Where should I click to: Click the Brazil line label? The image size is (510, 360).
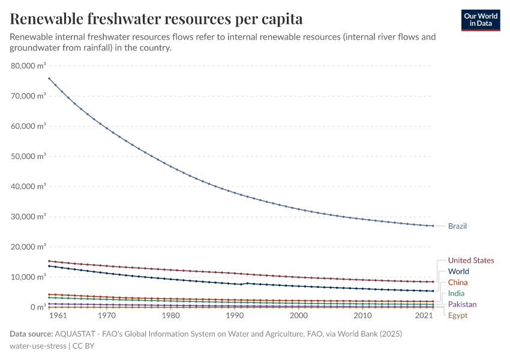pos(457,226)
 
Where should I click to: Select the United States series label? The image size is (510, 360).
pos(471,260)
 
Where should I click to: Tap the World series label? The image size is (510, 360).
pos(458,271)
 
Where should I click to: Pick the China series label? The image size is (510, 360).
pos(458,283)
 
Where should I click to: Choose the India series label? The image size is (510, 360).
pos(456,293)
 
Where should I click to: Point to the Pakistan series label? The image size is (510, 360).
pos(462,305)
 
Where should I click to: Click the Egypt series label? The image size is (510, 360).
pos(457,316)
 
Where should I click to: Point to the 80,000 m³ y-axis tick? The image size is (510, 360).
pos(29,65)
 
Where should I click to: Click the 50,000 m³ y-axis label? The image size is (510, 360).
pos(29,156)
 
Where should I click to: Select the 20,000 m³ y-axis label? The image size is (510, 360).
pos(29,247)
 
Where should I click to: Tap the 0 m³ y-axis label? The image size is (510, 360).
pos(37,307)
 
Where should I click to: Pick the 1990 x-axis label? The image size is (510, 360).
pos(235,316)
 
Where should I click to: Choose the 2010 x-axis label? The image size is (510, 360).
pos(362,316)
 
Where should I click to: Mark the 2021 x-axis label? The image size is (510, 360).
pos(424,316)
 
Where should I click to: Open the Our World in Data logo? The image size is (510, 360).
pos(481,20)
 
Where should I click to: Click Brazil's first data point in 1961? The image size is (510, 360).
pos(49,78)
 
